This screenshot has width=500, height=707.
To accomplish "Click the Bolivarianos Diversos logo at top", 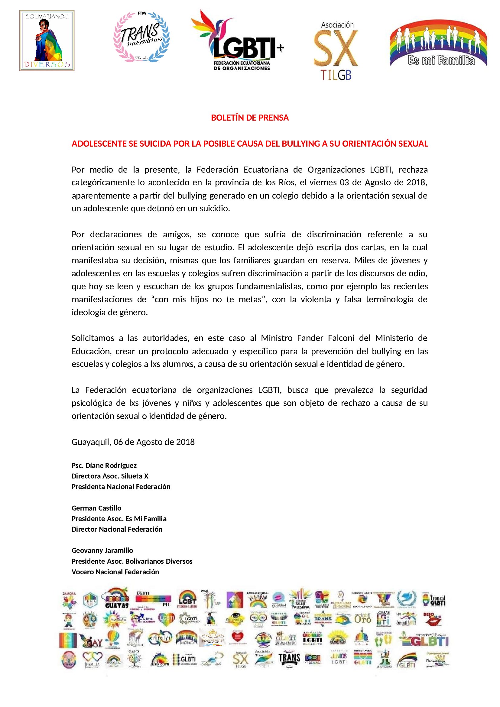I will pos(47,40).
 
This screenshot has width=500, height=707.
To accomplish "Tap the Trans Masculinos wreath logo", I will pos(141,37).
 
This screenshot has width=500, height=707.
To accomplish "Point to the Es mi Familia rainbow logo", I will pos(438,44).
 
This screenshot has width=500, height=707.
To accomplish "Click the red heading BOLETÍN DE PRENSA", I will pos(250,118).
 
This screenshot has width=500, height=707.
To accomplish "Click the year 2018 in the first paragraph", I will pos(416,183).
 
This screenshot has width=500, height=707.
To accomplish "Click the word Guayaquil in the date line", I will pos(91,442).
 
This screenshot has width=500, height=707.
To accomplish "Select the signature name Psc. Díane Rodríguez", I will pos(104,465).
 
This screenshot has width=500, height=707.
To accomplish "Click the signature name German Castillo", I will pos(96,508).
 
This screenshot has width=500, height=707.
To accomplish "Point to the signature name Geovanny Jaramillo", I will pos(102,550).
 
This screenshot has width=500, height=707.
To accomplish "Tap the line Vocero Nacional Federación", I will pos(115,572).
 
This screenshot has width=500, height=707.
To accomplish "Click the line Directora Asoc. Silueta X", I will pos(110,476).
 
